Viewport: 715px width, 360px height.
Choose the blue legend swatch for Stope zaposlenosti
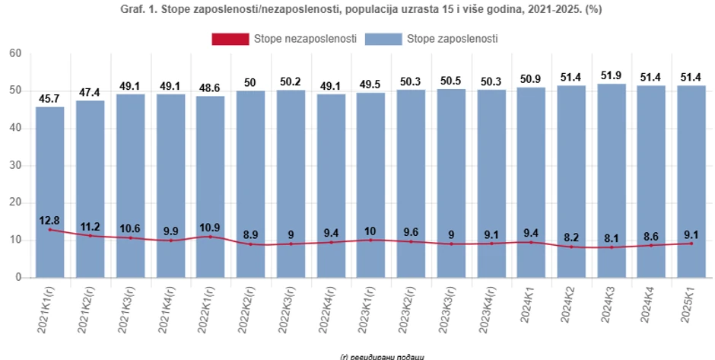383,38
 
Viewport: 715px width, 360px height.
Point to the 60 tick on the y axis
15,53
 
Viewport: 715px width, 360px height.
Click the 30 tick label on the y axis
15,165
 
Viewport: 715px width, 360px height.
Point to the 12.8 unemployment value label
49,221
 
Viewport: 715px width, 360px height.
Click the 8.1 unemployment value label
611,237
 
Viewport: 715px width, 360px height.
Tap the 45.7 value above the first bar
49,99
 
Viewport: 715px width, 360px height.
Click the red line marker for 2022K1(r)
210,237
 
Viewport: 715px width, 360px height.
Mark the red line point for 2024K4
651,245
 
